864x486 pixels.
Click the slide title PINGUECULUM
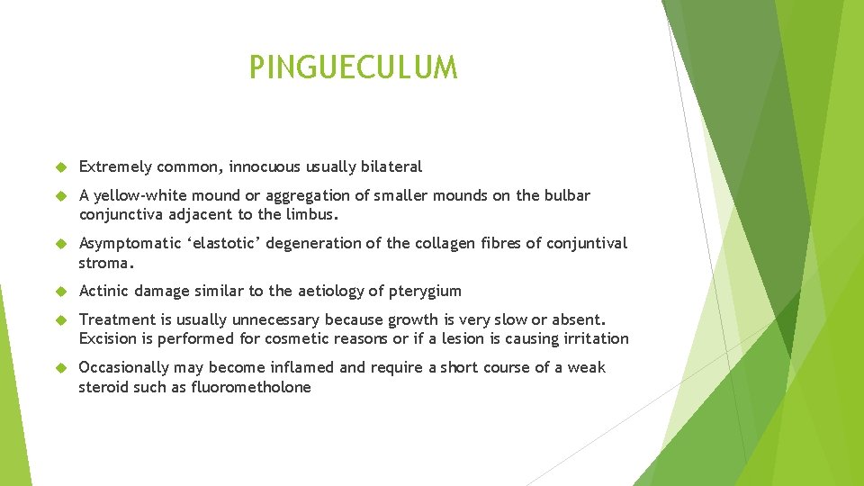353,67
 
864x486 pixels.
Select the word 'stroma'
104,263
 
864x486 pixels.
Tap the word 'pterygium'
424,291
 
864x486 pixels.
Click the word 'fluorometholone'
252,387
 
